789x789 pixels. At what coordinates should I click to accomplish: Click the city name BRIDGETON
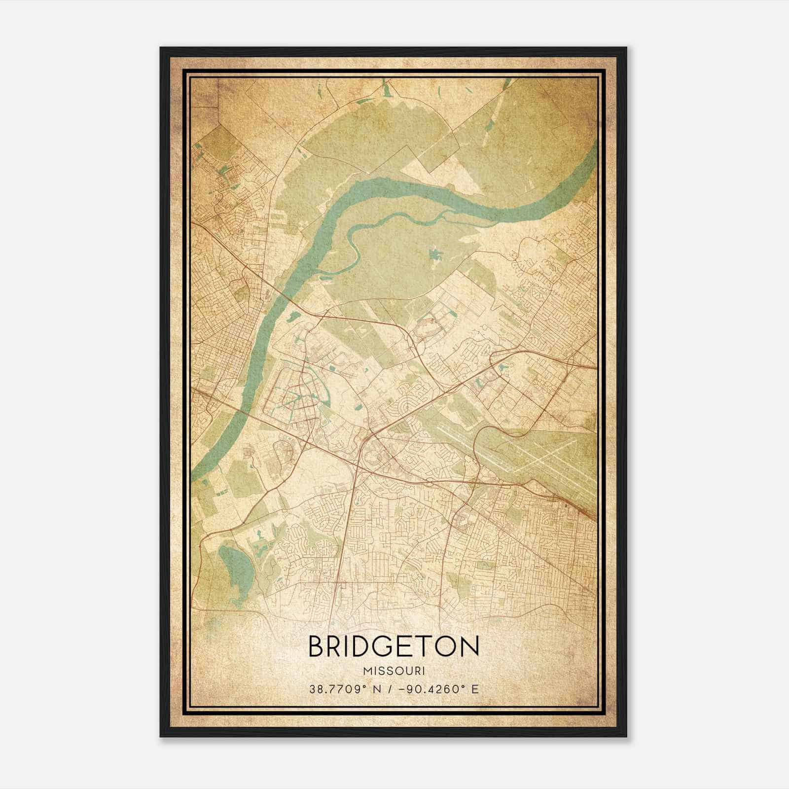tap(394, 646)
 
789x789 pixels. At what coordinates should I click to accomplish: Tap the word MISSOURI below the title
tap(394, 671)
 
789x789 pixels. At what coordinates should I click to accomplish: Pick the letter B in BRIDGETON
tap(316, 646)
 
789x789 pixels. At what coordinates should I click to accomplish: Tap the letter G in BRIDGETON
tap(384, 646)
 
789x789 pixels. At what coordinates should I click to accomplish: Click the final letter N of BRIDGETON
tap(469, 646)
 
